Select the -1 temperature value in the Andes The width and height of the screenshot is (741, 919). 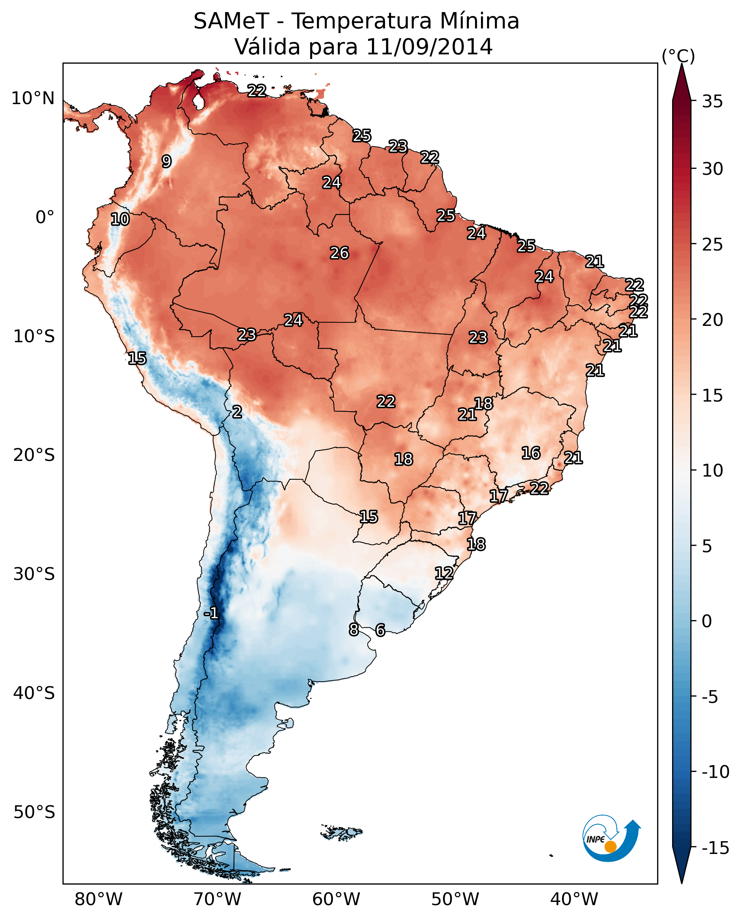tap(211, 613)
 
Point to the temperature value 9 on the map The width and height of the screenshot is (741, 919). tap(167, 161)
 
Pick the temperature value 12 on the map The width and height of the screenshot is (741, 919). tap(444, 573)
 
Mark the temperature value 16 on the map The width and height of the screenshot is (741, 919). tap(531, 453)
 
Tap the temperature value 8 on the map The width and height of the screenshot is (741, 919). tap(353, 629)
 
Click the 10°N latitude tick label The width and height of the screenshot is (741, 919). tap(33, 99)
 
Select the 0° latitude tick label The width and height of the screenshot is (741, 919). tap(45, 217)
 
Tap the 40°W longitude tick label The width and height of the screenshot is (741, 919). tap(574, 899)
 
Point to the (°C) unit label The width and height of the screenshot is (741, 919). tap(678, 56)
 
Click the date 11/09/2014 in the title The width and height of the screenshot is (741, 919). tap(429, 47)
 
